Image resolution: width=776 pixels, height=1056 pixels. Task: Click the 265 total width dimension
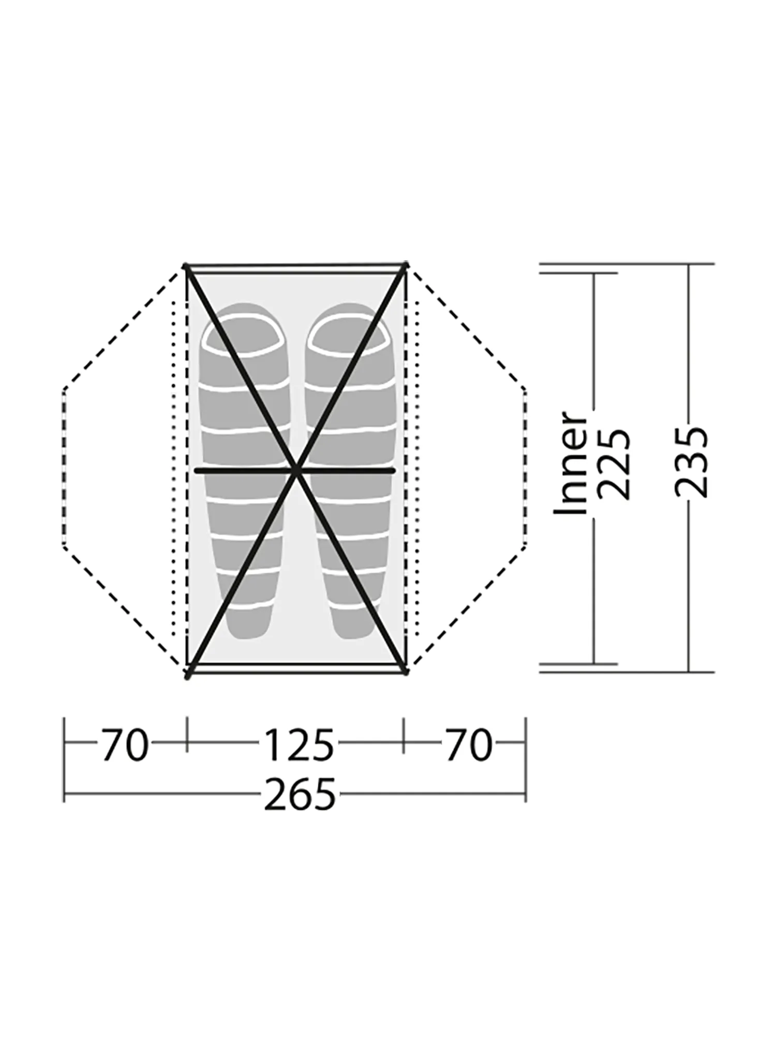tap(300, 794)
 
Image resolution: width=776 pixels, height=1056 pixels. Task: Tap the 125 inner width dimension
tap(299, 746)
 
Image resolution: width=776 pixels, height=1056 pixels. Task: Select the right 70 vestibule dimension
tap(468, 746)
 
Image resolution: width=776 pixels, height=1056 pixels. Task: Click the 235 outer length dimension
tap(691, 462)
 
